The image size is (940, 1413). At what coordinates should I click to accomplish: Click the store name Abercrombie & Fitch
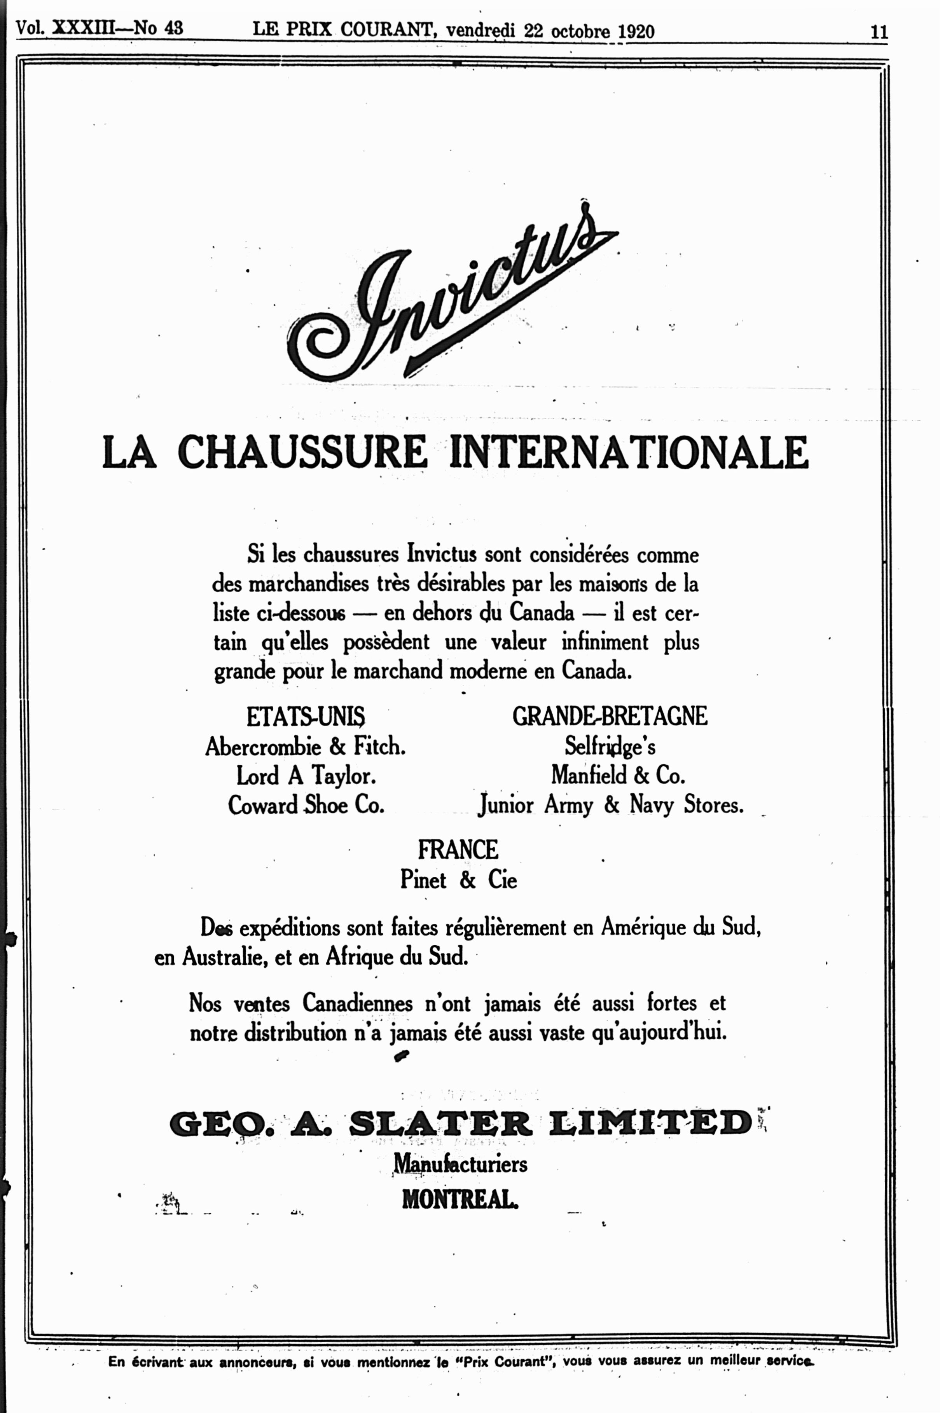[305, 747]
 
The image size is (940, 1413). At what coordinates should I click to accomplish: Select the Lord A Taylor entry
[306, 776]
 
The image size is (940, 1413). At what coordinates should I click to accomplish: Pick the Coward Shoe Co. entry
[306, 805]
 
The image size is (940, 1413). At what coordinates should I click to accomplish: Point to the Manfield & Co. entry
[617, 776]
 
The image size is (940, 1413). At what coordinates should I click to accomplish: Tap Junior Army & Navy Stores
[611, 805]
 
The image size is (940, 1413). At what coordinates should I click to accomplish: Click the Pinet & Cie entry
[459, 880]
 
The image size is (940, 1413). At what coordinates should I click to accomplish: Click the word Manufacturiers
[460, 1164]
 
